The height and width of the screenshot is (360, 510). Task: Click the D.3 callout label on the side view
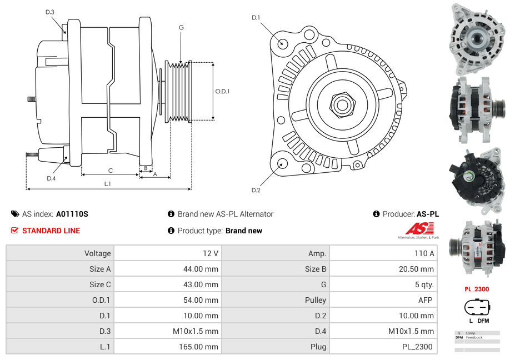(x=50, y=12)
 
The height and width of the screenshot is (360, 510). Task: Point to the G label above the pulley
(x=181, y=27)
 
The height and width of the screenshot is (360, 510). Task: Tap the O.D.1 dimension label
(x=222, y=91)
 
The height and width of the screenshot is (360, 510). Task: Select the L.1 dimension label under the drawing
(x=108, y=183)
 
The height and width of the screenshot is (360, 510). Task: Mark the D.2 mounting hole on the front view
(x=282, y=163)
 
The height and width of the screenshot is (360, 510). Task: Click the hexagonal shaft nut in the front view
(x=341, y=104)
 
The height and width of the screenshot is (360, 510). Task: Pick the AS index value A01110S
(x=72, y=214)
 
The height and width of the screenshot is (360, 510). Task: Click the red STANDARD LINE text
(x=51, y=231)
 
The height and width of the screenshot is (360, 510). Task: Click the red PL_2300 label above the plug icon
(x=477, y=289)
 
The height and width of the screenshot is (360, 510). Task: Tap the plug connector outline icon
(x=477, y=307)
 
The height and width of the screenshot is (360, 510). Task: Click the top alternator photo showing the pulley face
(x=477, y=39)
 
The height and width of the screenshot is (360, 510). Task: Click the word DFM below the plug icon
(x=483, y=321)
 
